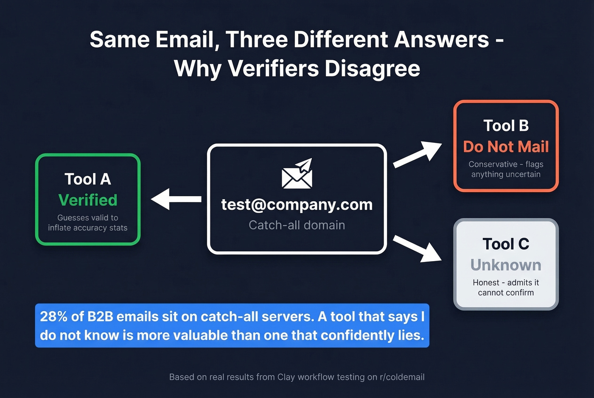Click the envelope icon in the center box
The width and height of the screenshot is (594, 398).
tap(297, 174)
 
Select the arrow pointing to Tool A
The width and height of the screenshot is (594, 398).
tap(176, 199)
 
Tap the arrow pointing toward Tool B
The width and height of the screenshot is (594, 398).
tap(417, 154)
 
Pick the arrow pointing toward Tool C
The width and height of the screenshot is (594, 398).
tap(417, 249)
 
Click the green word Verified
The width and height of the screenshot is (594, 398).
tap(88, 200)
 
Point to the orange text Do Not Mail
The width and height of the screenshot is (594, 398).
tap(506, 147)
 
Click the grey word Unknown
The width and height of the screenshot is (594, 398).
tap(506, 265)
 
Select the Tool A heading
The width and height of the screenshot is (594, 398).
tap(88, 179)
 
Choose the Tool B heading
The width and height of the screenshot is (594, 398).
tap(506, 125)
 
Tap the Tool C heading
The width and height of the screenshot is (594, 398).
tap(506, 244)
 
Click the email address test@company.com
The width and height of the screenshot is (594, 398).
tap(297, 204)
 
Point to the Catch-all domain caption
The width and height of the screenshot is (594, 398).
tap(297, 225)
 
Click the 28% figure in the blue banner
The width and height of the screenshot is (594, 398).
tap(54, 317)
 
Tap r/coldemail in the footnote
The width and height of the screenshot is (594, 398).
tap(402, 377)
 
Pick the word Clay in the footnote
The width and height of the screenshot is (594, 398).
tap(286, 377)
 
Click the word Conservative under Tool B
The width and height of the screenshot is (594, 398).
tap(493, 164)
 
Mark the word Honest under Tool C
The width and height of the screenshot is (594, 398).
tap(486, 282)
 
